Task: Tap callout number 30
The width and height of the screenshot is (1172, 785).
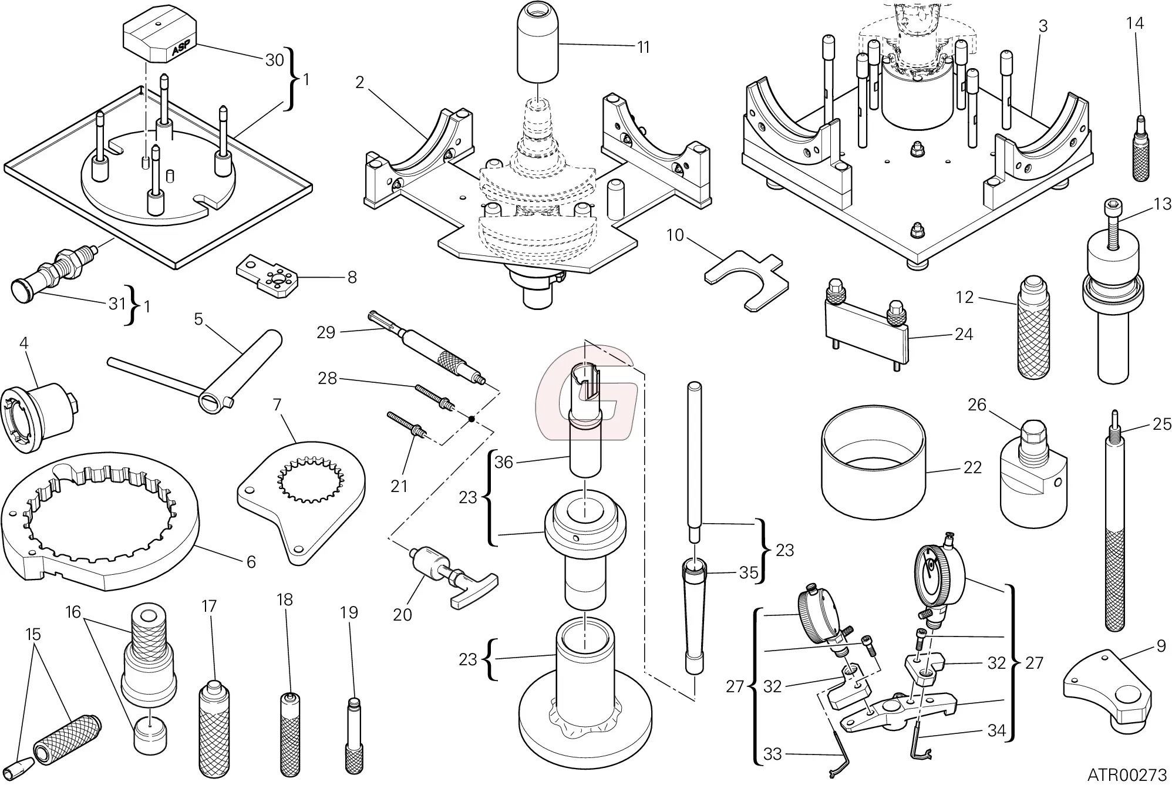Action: pos(274,60)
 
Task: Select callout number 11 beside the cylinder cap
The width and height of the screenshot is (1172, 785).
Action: pos(644,47)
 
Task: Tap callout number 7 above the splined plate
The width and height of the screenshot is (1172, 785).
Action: pos(277,405)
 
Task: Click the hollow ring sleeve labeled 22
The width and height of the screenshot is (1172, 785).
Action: pos(873,470)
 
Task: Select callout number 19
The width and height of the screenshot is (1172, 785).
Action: pos(349,612)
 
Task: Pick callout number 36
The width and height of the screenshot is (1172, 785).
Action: pos(503,462)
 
